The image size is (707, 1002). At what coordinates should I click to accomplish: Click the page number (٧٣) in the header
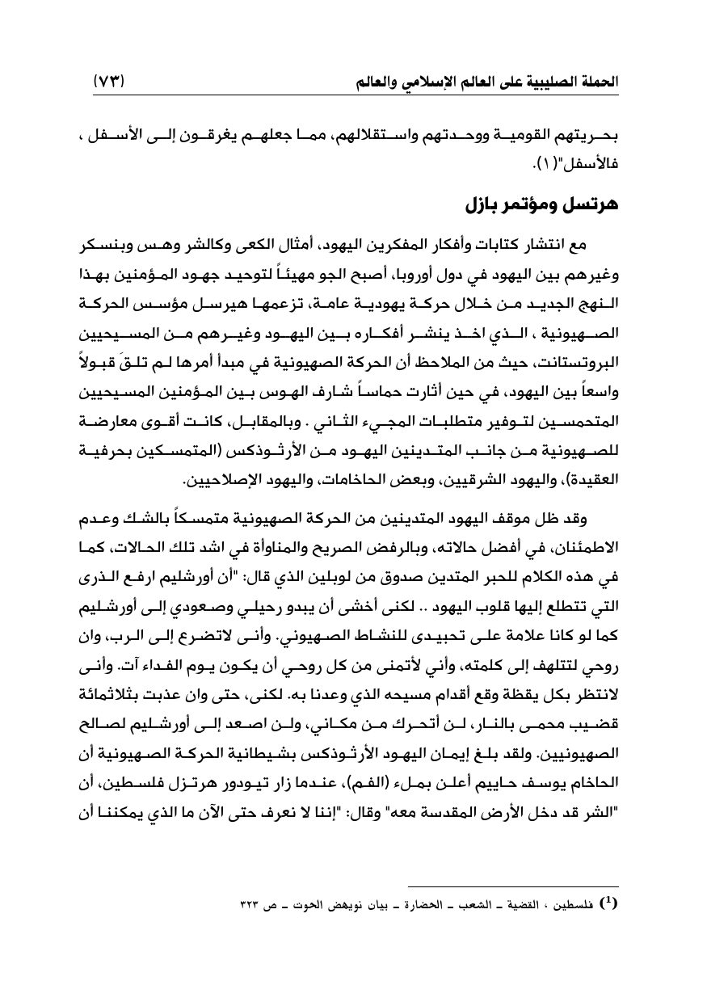click(111, 82)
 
